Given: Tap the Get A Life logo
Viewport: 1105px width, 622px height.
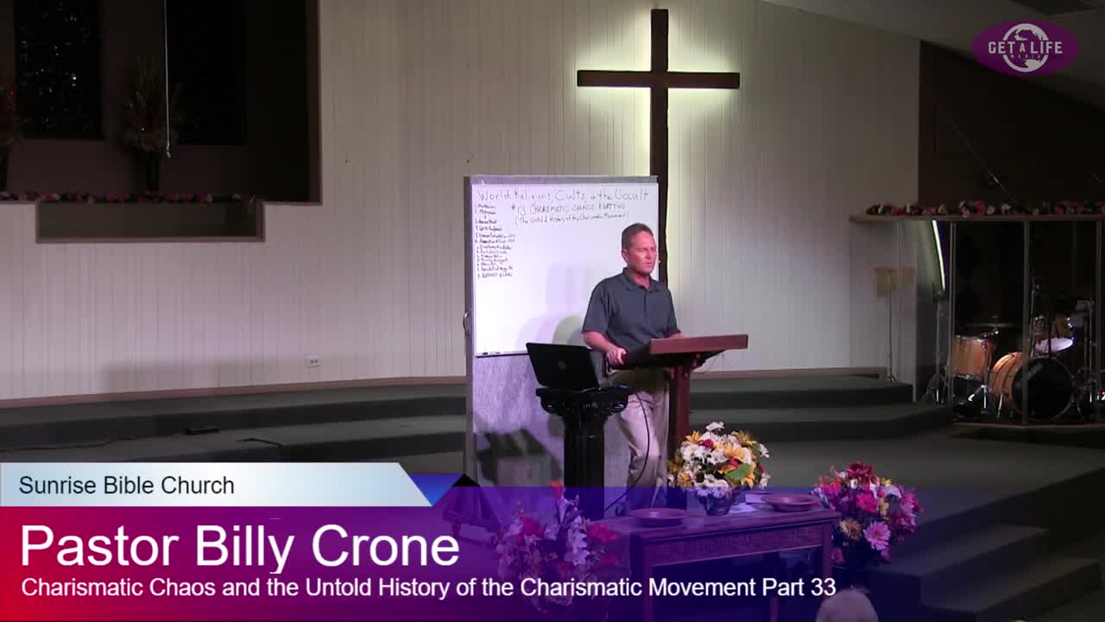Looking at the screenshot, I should (1025, 48).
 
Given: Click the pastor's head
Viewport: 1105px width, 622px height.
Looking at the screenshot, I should (637, 246).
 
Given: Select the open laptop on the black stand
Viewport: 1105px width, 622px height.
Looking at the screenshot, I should (562, 366).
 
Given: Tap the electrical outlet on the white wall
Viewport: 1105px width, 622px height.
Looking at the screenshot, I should (313, 362).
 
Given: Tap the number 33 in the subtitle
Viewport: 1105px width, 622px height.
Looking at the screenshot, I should (823, 587).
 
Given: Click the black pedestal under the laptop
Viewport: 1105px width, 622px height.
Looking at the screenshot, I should (584, 441).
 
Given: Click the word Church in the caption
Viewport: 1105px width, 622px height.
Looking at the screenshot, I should (205, 486).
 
